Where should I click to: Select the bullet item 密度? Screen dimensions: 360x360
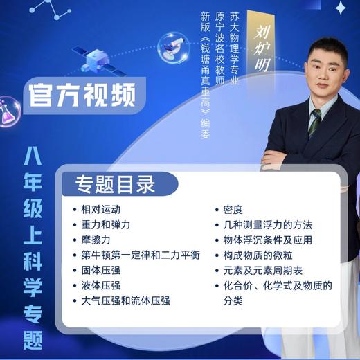pos(232,209)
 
